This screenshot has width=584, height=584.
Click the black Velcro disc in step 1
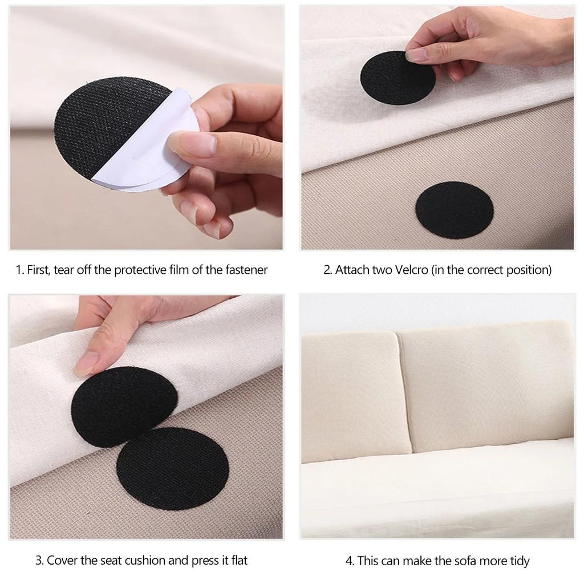(x=106, y=123)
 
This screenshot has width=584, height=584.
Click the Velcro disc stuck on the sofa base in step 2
(x=454, y=210)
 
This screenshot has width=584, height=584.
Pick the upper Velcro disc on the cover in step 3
(x=122, y=405)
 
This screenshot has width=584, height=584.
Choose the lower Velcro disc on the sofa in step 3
(x=172, y=460)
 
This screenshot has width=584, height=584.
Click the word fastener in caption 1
(x=246, y=270)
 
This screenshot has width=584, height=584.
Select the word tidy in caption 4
(x=517, y=561)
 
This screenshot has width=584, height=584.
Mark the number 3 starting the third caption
(x=39, y=560)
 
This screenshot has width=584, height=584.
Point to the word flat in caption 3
(x=237, y=560)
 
